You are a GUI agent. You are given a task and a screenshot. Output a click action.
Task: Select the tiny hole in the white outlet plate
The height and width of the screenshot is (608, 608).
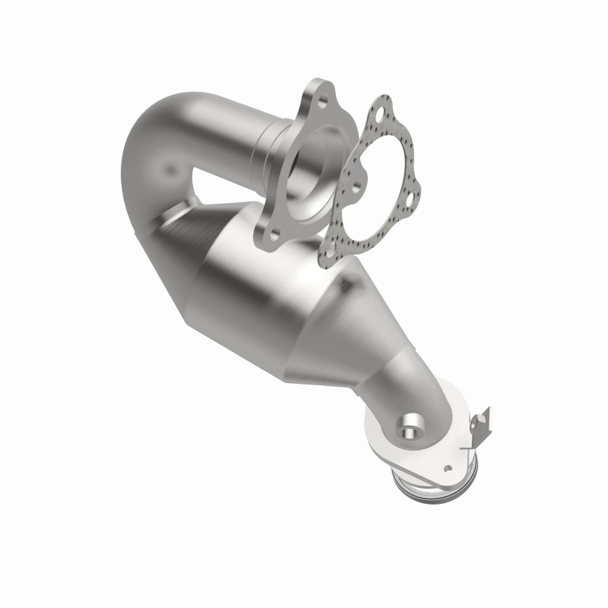tap(448, 469)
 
